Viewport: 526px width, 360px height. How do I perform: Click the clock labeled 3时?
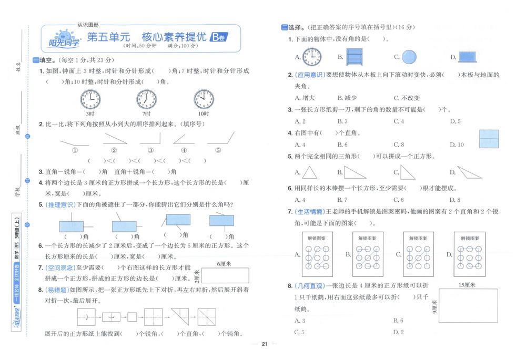click(90, 98)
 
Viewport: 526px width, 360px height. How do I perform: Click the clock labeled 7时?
click(146, 98)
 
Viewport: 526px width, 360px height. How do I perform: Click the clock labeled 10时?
click(203, 98)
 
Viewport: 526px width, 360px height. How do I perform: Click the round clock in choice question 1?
click(312, 56)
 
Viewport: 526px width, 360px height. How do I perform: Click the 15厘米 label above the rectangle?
click(467, 285)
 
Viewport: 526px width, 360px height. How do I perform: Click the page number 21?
click(265, 344)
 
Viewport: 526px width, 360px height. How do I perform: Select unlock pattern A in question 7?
click(317, 254)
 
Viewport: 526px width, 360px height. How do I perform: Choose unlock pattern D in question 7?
click(469, 254)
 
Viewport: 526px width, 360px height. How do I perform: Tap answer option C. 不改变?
click(407, 98)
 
